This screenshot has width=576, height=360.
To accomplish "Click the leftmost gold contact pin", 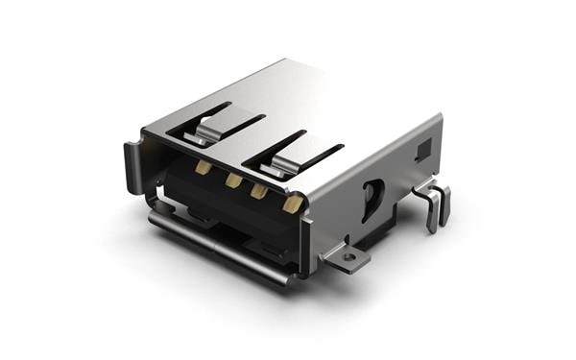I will click(x=204, y=167).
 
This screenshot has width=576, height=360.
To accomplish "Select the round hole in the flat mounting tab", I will click(x=350, y=256).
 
